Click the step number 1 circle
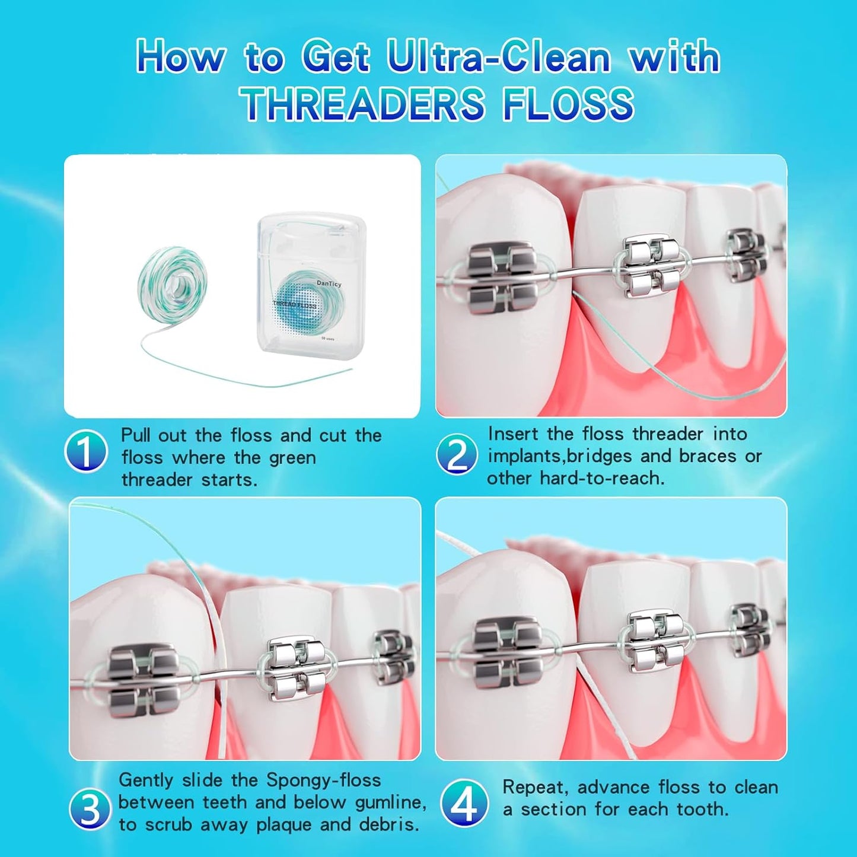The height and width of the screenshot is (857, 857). [x=86, y=451]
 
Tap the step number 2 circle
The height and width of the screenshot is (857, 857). [x=457, y=454]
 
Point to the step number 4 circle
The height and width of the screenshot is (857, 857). [x=464, y=803]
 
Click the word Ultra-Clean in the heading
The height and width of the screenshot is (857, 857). [x=498, y=58]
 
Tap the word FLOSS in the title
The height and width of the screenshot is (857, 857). [x=568, y=104]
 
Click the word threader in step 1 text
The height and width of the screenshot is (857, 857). [x=157, y=480]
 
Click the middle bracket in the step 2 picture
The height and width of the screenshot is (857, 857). [x=651, y=265]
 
